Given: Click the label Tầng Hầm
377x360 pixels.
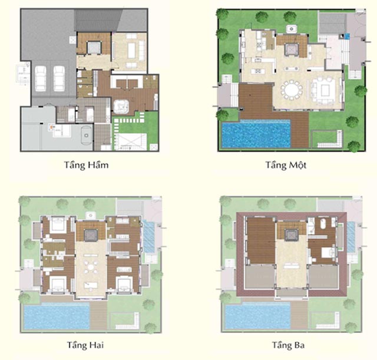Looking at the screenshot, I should (87, 165).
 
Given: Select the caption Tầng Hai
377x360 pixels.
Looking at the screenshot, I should (87, 344).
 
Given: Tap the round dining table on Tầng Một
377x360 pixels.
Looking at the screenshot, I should (290, 91).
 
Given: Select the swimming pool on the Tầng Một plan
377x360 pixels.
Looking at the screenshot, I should (254, 133).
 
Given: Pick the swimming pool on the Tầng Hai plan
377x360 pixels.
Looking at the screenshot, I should (57, 316).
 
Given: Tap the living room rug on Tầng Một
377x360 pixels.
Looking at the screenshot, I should (324, 90).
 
